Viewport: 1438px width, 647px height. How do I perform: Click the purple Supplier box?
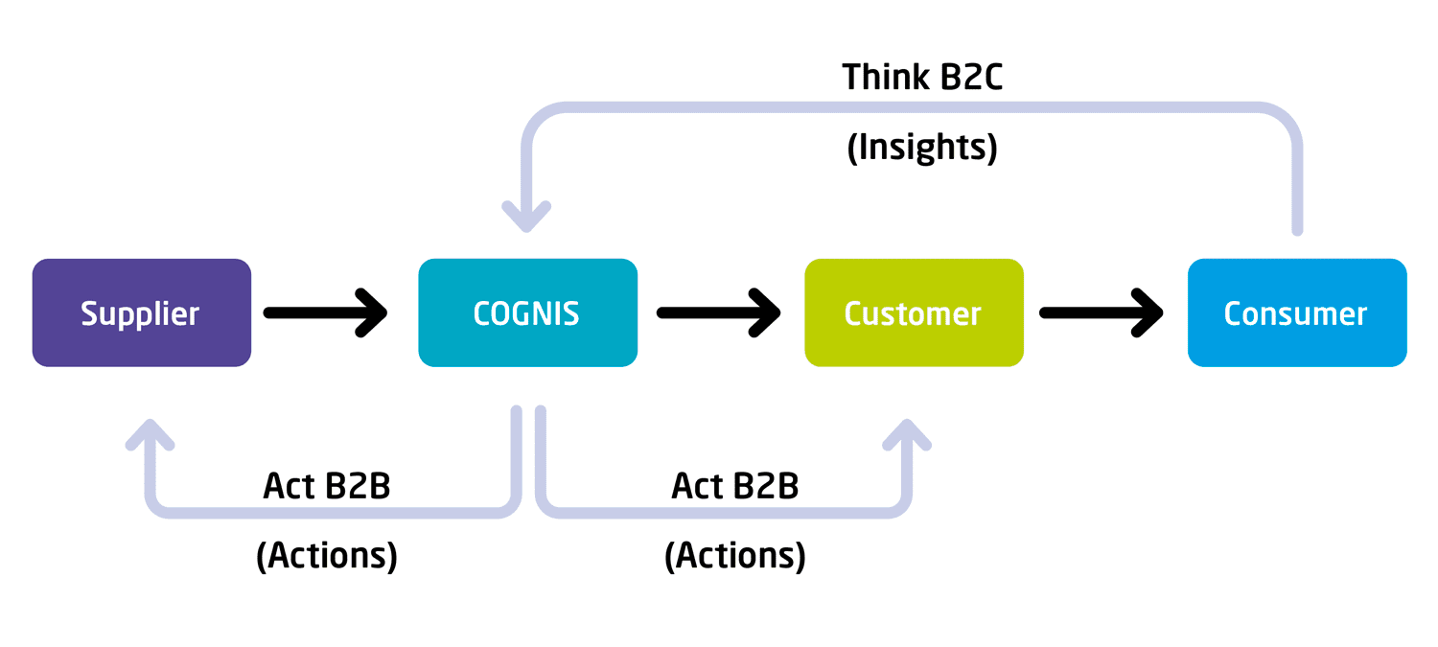[142, 312]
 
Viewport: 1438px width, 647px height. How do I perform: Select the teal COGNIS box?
[527, 312]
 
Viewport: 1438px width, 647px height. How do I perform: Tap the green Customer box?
[915, 312]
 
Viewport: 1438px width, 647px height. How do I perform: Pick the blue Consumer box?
[1297, 312]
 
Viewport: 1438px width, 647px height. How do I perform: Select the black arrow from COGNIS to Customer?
[718, 312]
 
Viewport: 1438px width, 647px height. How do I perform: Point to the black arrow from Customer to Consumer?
[1101, 312]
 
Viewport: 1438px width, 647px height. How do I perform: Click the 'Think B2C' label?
[922, 78]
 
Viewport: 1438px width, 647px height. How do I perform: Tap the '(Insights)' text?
[922, 148]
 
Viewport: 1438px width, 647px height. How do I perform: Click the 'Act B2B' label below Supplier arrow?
[327, 486]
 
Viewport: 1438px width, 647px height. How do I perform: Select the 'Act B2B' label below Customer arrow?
[735, 486]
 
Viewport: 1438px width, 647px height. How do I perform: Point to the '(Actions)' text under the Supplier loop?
[327, 556]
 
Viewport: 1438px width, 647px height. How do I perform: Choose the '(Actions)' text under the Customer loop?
[735, 556]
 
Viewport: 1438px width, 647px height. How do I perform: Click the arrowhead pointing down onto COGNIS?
[526, 219]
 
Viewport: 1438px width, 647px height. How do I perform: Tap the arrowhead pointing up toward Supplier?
[151, 434]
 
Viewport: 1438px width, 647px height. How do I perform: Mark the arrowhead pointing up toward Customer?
[907, 434]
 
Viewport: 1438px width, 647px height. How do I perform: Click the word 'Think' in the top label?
[886, 78]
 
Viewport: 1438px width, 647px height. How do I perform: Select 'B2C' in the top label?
[971, 78]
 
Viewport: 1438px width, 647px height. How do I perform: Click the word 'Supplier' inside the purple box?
[140, 314]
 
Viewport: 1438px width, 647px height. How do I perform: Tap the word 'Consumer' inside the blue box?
[1295, 313]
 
